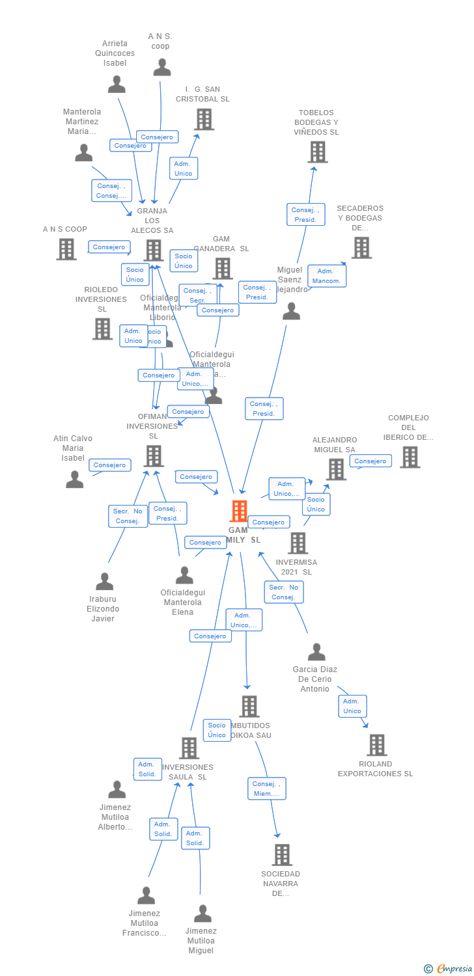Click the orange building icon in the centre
(239, 511)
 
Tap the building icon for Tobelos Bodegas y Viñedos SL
(317, 152)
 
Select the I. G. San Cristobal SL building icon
(204, 120)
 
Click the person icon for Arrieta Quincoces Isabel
(117, 85)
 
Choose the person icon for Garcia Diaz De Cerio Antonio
(316, 652)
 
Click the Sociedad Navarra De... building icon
(281, 854)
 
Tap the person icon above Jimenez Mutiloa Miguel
(202, 914)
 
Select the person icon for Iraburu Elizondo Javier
(104, 582)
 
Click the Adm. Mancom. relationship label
(327, 276)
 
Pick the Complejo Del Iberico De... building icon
(410, 457)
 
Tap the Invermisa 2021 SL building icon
(298, 543)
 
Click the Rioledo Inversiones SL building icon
(102, 329)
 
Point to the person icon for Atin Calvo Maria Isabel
(75, 480)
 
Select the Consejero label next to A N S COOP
(109, 247)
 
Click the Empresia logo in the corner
(448, 969)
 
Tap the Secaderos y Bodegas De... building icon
(361, 248)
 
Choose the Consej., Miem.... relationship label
(266, 789)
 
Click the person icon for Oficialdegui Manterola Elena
(184, 575)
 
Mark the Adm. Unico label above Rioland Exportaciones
(352, 706)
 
